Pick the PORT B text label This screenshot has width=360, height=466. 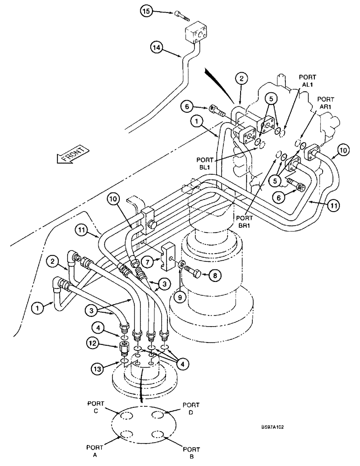click(x=191, y=453)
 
